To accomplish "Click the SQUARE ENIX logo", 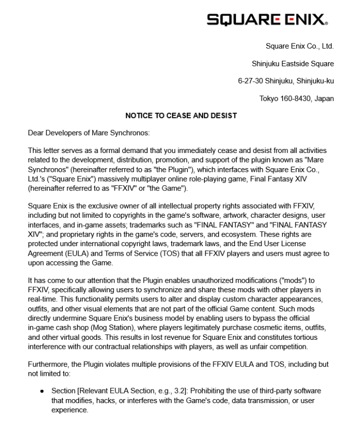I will coord(267,20).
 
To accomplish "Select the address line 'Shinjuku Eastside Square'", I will coord(293,64).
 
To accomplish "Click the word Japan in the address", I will coord(324,98).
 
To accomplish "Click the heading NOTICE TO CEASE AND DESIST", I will coord(181,116).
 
